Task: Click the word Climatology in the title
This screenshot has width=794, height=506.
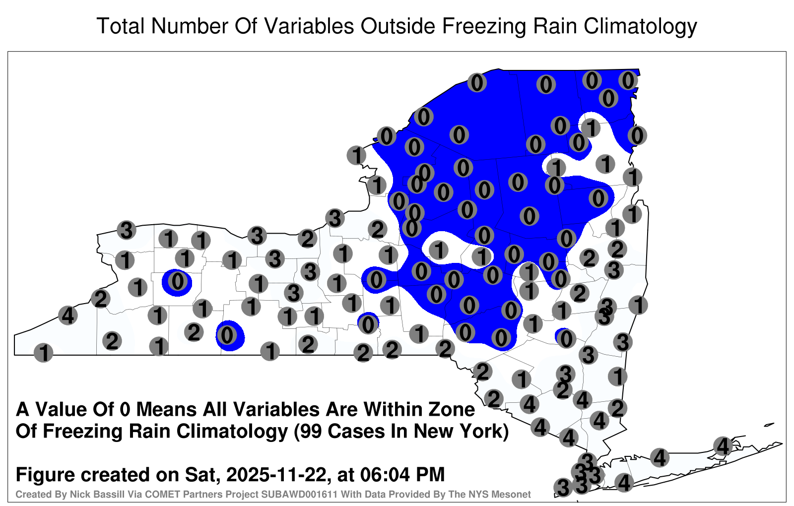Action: (x=640, y=27)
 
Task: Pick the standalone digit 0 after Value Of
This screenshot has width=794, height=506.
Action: (x=126, y=409)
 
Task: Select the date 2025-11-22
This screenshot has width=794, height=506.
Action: (x=276, y=474)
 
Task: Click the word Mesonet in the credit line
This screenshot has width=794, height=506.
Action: (x=515, y=494)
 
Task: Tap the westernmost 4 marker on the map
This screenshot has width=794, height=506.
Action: (x=67, y=315)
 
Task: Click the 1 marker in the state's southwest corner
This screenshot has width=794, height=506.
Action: (x=43, y=352)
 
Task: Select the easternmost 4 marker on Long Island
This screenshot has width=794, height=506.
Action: (x=723, y=446)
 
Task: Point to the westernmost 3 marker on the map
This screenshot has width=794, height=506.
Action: (x=127, y=230)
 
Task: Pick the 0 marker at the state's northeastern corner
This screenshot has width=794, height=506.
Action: (x=628, y=80)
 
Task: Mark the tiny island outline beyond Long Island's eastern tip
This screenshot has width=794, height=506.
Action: (x=769, y=425)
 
